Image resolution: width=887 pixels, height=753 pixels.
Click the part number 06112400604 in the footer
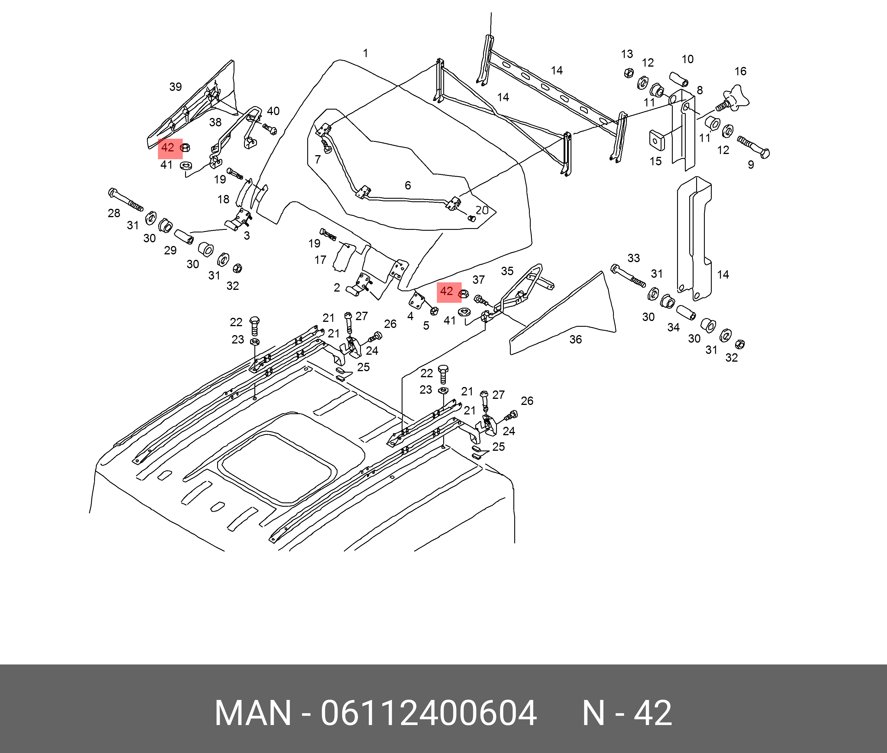pyautogui.click(x=428, y=713)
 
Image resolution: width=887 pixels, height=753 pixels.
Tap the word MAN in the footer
pyautogui.click(x=253, y=713)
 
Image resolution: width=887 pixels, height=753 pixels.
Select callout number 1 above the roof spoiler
pyautogui.click(x=365, y=53)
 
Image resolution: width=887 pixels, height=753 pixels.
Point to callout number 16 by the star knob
pyautogui.click(x=740, y=71)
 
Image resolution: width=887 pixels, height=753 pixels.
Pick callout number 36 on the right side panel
pyautogui.click(x=575, y=340)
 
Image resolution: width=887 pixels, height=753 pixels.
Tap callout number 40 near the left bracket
pyautogui.click(x=273, y=111)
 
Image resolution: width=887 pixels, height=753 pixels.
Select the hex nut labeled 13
pyautogui.click(x=628, y=73)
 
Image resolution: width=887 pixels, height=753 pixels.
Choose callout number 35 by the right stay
pyautogui.click(x=507, y=271)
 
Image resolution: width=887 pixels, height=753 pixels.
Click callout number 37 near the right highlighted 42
pyautogui.click(x=478, y=280)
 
